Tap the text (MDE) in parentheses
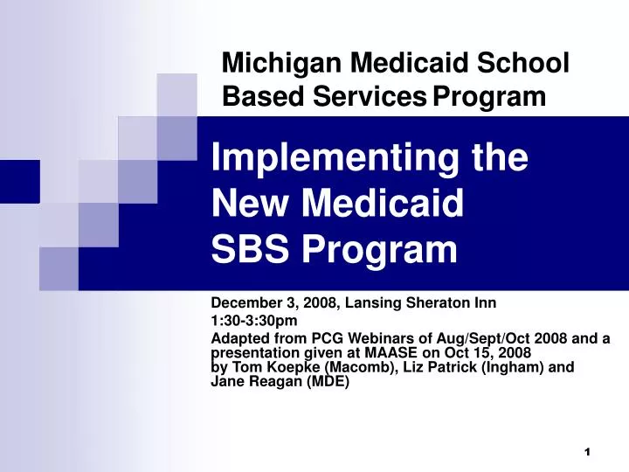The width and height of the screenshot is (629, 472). pyautogui.click(x=324, y=382)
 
